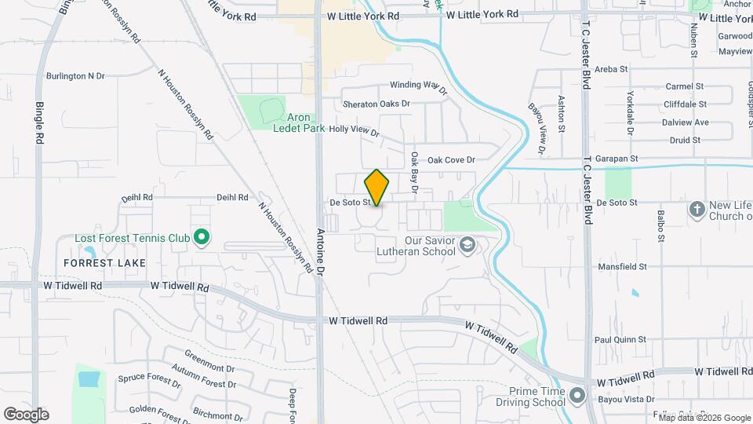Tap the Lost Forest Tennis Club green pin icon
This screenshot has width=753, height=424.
coord(202,236)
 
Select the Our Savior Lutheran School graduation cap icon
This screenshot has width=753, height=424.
coord(468,247)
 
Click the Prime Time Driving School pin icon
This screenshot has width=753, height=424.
coord(578,395)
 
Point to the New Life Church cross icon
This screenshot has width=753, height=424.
coord(697,209)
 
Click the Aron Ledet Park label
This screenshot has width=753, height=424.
coord(298,122)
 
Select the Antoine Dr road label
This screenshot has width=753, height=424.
coord(320,252)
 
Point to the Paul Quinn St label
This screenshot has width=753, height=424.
coord(620,340)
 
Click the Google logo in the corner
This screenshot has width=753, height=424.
coord(26,414)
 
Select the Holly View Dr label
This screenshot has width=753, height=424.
coord(354,131)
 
